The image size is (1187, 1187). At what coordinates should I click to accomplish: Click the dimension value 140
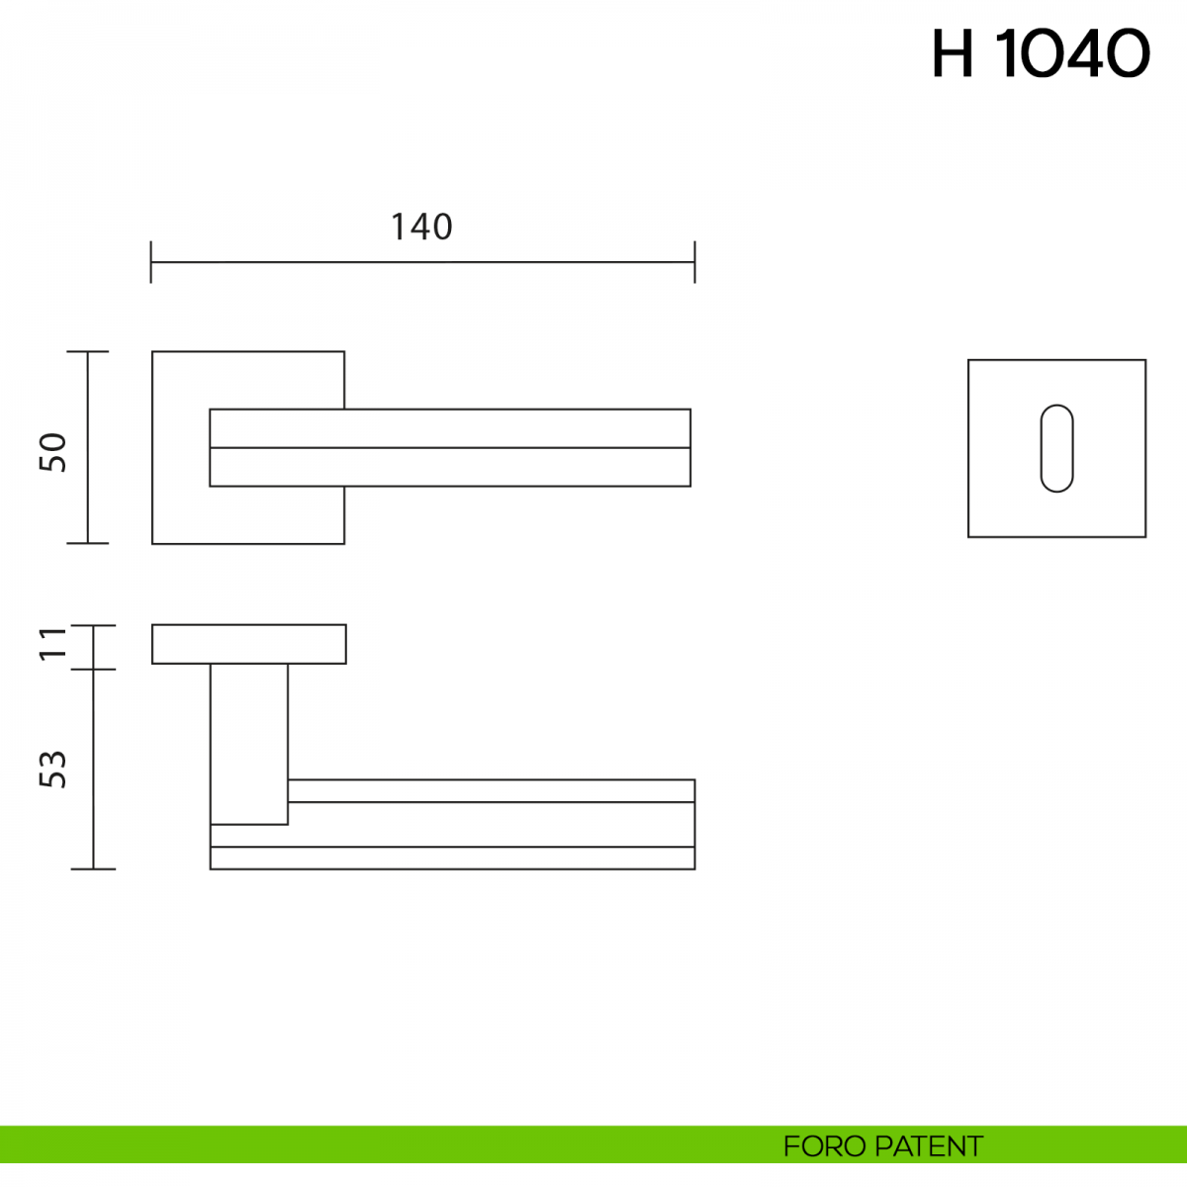(422, 227)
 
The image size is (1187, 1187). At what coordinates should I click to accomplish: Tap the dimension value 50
(53, 452)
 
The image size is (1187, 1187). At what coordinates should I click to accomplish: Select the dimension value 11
(53, 644)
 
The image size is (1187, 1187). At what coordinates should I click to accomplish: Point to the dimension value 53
(53, 769)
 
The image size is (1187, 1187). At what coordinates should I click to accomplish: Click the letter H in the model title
(953, 53)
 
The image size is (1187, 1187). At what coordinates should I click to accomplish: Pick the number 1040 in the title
(1072, 53)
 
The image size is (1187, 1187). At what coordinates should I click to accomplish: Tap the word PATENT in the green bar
(928, 1146)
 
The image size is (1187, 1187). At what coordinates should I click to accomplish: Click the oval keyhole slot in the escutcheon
(1057, 448)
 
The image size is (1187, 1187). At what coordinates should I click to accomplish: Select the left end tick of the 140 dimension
(151, 262)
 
